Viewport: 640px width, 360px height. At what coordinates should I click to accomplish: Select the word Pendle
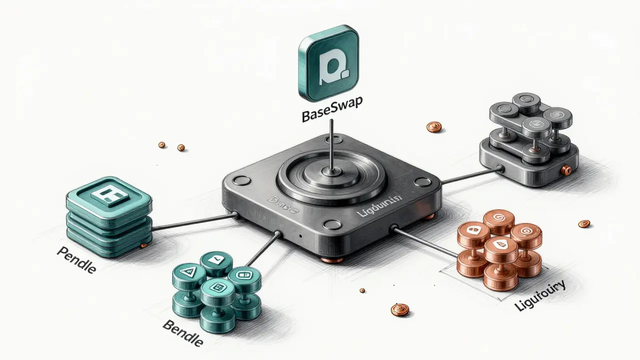[x=76, y=259]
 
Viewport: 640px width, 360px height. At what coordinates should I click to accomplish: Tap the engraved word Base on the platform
[x=283, y=204]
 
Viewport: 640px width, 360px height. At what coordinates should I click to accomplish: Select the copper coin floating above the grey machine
[x=433, y=127]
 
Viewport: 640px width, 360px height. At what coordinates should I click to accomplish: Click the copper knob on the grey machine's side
[x=566, y=170]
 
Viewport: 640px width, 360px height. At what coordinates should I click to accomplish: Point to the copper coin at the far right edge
[x=583, y=224]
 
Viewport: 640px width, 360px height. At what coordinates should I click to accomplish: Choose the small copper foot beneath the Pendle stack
[x=144, y=244]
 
